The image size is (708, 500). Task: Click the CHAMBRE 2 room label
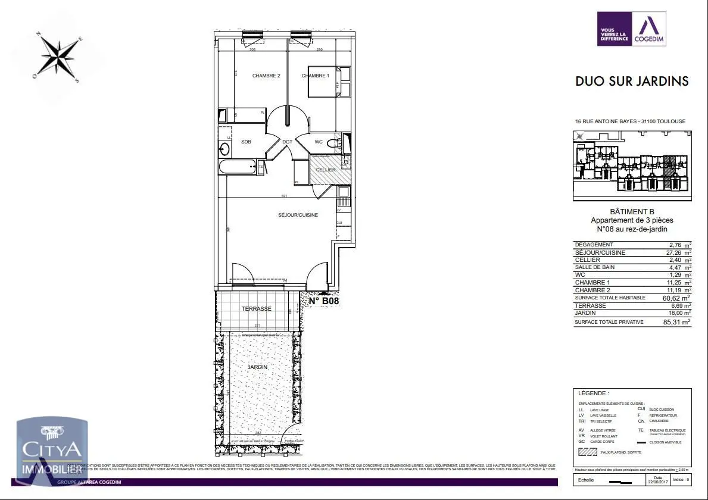(266, 76)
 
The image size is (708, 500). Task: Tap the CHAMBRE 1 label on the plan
(315, 76)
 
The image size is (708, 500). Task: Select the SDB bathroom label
(246, 142)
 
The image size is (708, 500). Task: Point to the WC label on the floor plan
(319, 142)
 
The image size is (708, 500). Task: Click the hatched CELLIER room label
(326, 170)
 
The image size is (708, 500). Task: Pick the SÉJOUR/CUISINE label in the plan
(298, 215)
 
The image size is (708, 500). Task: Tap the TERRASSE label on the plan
(256, 309)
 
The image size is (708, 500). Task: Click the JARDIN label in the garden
(258, 367)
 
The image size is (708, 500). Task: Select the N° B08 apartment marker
(324, 301)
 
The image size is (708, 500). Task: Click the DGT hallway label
(287, 142)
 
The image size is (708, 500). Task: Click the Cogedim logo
(632, 29)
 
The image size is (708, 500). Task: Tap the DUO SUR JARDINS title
(632, 82)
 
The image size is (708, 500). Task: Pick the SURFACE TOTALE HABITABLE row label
(610, 298)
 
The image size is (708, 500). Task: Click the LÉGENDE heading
(594, 393)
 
